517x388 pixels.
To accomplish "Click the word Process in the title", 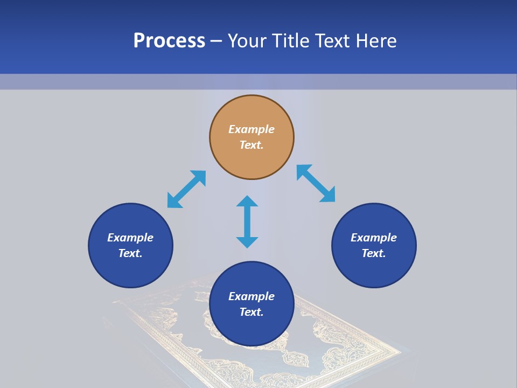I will point(169,41).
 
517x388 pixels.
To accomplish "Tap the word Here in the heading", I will point(375,41).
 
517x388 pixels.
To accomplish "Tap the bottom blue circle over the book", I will point(251,329).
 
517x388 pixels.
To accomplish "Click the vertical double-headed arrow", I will point(247,221).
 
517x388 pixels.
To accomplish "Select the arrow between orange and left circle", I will point(186,189).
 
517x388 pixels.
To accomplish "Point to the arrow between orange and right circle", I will point(316,183).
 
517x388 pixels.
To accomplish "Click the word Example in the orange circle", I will point(251,129).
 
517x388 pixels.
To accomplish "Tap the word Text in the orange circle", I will point(250,145).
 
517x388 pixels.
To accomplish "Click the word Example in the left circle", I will point(130,238).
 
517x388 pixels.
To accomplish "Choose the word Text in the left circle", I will point(130,253).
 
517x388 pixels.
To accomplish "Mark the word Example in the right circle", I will point(374,238).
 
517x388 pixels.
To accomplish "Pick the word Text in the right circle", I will point(373,253).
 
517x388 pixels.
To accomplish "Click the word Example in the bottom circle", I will point(251,296).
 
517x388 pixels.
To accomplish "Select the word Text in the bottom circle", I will point(250,312).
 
